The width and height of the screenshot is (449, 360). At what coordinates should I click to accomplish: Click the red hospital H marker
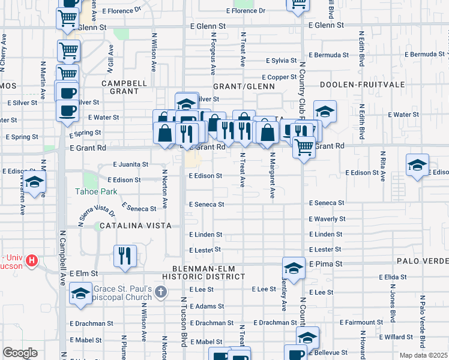[32, 262]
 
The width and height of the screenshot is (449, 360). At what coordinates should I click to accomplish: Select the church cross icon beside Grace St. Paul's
[159, 292]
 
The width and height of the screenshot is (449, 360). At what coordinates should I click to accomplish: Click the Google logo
[20, 353]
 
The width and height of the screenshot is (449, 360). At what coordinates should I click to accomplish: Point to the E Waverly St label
[327, 220]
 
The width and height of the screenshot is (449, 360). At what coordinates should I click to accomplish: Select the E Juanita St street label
[131, 164]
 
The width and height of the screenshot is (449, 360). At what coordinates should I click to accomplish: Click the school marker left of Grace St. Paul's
[80, 294]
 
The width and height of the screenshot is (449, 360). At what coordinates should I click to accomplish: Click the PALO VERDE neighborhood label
[423, 262]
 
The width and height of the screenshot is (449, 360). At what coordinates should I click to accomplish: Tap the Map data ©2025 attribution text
[424, 355]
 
